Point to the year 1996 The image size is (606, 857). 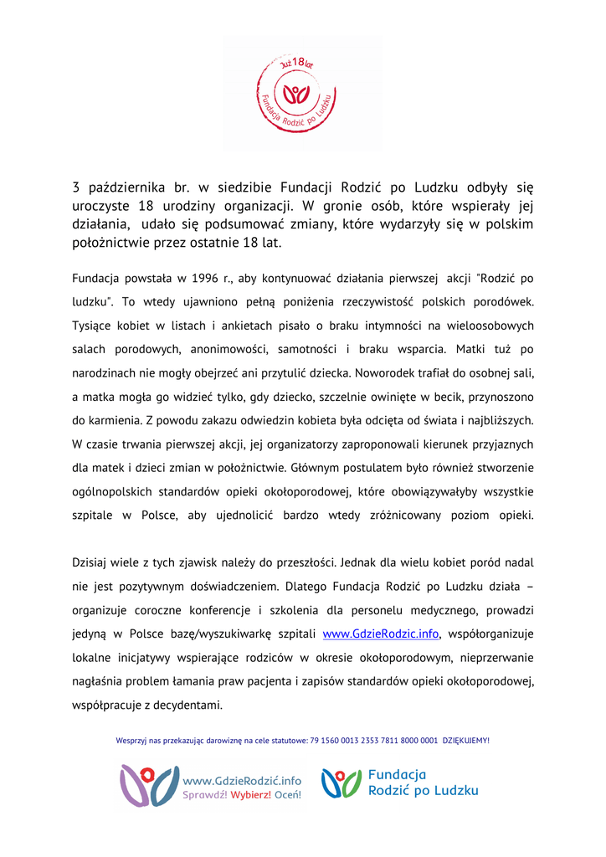pyautogui.click(x=205, y=278)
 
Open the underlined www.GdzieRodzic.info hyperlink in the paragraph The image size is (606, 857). pyautogui.click(x=381, y=634)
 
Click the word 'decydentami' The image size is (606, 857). pyautogui.click(x=182, y=705)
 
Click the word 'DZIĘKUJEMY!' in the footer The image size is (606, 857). pyautogui.click(x=466, y=740)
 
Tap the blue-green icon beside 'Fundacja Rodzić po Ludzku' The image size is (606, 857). pyautogui.click(x=342, y=784)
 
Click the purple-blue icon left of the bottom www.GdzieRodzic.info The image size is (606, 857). pyautogui.click(x=149, y=785)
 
